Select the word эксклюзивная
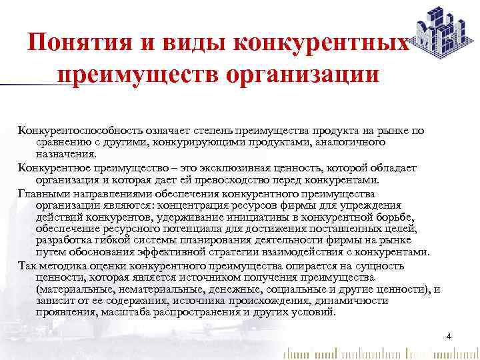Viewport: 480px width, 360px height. click(218, 167)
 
